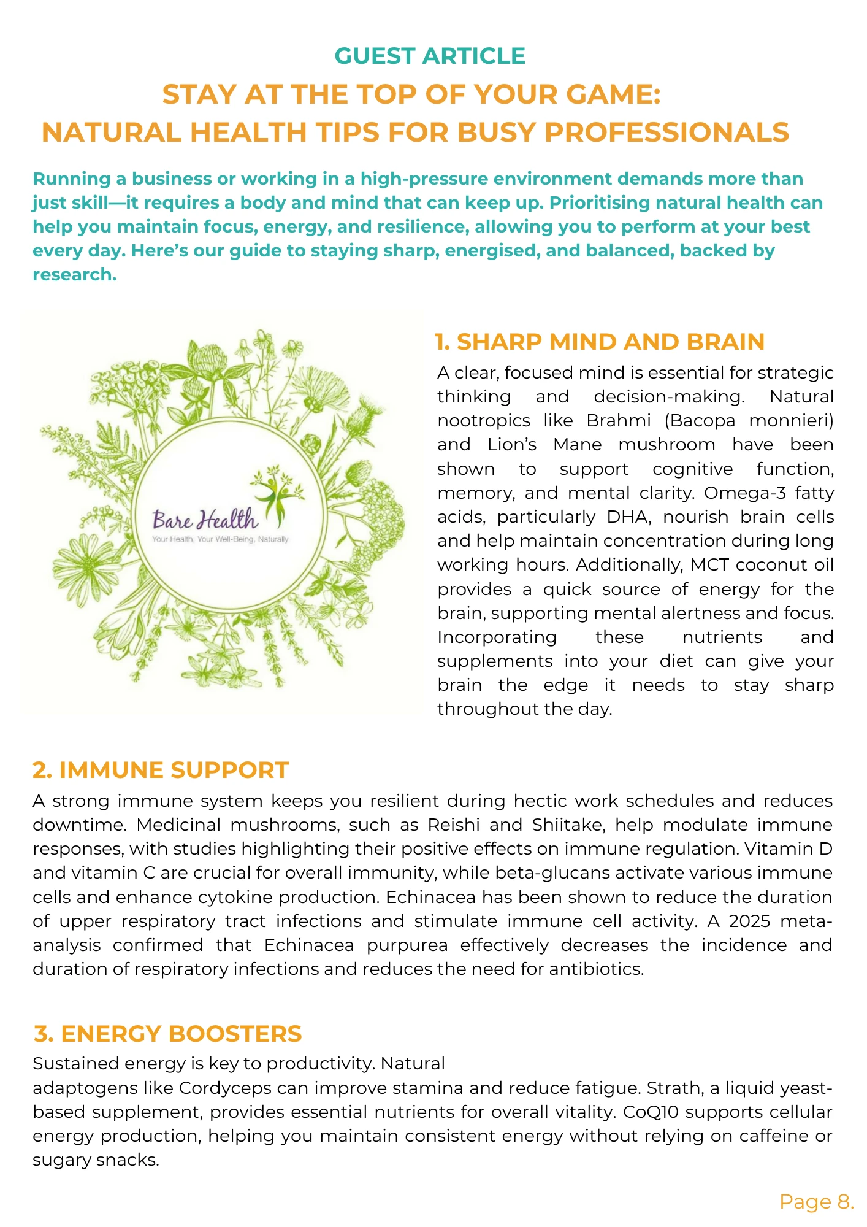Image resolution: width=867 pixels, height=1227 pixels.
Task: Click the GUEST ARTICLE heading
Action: click(430, 56)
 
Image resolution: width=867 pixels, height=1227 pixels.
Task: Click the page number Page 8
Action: click(816, 1202)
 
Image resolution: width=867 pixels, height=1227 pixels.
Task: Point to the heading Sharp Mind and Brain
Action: click(600, 342)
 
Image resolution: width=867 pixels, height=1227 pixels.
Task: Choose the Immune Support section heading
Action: click(161, 770)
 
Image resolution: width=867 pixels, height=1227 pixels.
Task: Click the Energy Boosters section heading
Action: click(167, 1034)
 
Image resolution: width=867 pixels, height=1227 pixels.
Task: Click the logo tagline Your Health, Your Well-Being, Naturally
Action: click(220, 539)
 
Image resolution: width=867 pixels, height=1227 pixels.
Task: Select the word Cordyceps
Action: click(225, 1088)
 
